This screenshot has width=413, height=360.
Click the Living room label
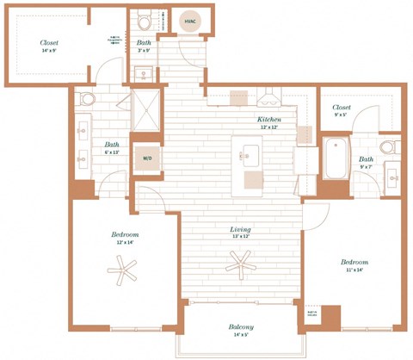pos(240,230)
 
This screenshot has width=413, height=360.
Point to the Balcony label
pos(240,327)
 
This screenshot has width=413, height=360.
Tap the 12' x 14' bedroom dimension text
pos(125,244)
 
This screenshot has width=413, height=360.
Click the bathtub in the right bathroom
pos(334,159)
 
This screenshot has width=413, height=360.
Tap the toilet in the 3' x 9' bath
pos(145,20)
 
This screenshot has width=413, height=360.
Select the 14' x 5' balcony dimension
pos(240,337)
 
